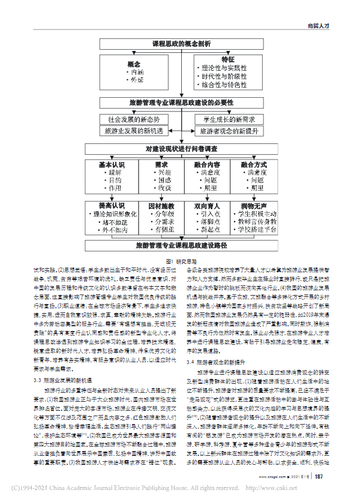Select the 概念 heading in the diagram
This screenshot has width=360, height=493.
[133, 64]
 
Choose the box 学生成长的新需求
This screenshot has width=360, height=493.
[228, 119]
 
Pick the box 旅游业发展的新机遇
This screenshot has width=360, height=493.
[132, 130]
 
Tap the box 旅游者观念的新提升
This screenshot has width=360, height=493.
[228, 130]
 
